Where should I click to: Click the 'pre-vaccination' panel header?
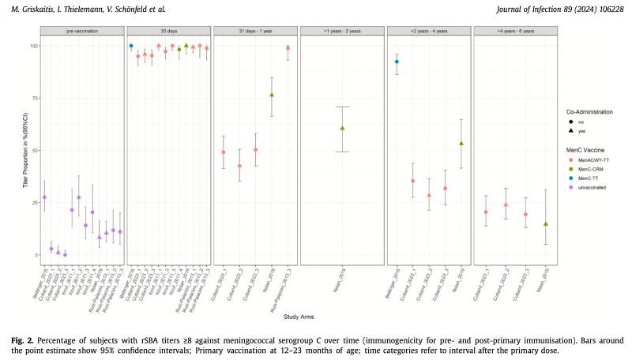pos(81,31)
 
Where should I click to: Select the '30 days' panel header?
pos(169,31)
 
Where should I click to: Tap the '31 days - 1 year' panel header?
pos(255,31)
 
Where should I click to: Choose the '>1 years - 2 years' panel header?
pos(341,31)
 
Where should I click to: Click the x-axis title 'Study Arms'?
pos(296,317)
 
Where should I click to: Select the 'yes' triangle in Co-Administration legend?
pos(574,130)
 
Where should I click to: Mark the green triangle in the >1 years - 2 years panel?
pos(342,128)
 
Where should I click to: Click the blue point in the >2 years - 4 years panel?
pos(397,62)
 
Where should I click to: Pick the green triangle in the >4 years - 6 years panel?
pos(545,224)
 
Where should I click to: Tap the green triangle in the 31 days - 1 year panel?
pos(272,95)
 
